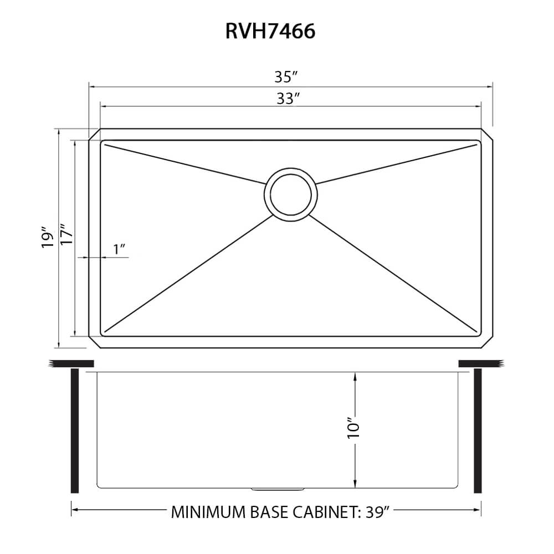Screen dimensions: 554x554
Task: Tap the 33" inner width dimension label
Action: (289, 99)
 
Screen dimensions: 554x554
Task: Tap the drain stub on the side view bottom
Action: (278, 489)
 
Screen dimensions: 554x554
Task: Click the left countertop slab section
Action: (71, 363)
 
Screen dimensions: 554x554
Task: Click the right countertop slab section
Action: (481, 363)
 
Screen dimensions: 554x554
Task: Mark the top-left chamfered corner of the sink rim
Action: (95, 135)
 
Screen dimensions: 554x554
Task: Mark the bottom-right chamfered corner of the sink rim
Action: (486, 342)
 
